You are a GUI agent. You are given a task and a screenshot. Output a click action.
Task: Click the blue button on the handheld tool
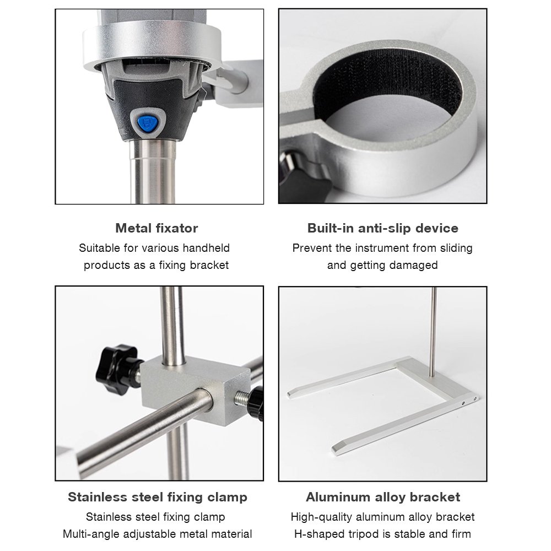147,123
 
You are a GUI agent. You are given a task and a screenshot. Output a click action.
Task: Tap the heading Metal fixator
156,229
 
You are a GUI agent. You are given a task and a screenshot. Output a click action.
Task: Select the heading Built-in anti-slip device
383,229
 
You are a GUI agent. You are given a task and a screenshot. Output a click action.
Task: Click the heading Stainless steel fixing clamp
158,497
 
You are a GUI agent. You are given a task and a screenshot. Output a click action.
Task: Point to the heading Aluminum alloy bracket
383,497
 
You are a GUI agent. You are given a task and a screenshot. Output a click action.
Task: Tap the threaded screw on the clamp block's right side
242,399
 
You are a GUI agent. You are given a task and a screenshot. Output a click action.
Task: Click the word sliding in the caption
456,249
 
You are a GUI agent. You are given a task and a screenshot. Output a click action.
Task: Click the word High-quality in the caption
322,517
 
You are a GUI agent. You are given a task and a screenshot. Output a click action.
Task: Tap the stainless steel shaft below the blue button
153,171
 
